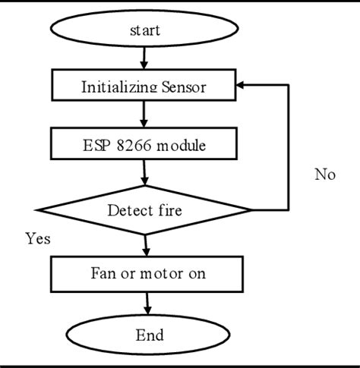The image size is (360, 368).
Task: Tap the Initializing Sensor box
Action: [144, 86]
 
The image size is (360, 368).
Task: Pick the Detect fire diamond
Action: [144, 209]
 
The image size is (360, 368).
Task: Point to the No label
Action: [324, 175]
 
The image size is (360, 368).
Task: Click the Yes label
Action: [37, 239]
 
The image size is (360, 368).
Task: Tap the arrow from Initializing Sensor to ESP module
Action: [144, 114]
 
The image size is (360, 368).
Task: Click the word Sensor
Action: [183, 86]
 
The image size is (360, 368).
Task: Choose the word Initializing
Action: [118, 86]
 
